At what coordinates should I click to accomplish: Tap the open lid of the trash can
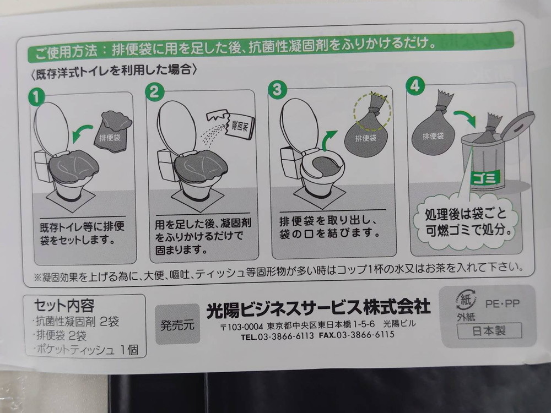pos(514,126)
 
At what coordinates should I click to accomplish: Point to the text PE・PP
pos(502,303)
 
